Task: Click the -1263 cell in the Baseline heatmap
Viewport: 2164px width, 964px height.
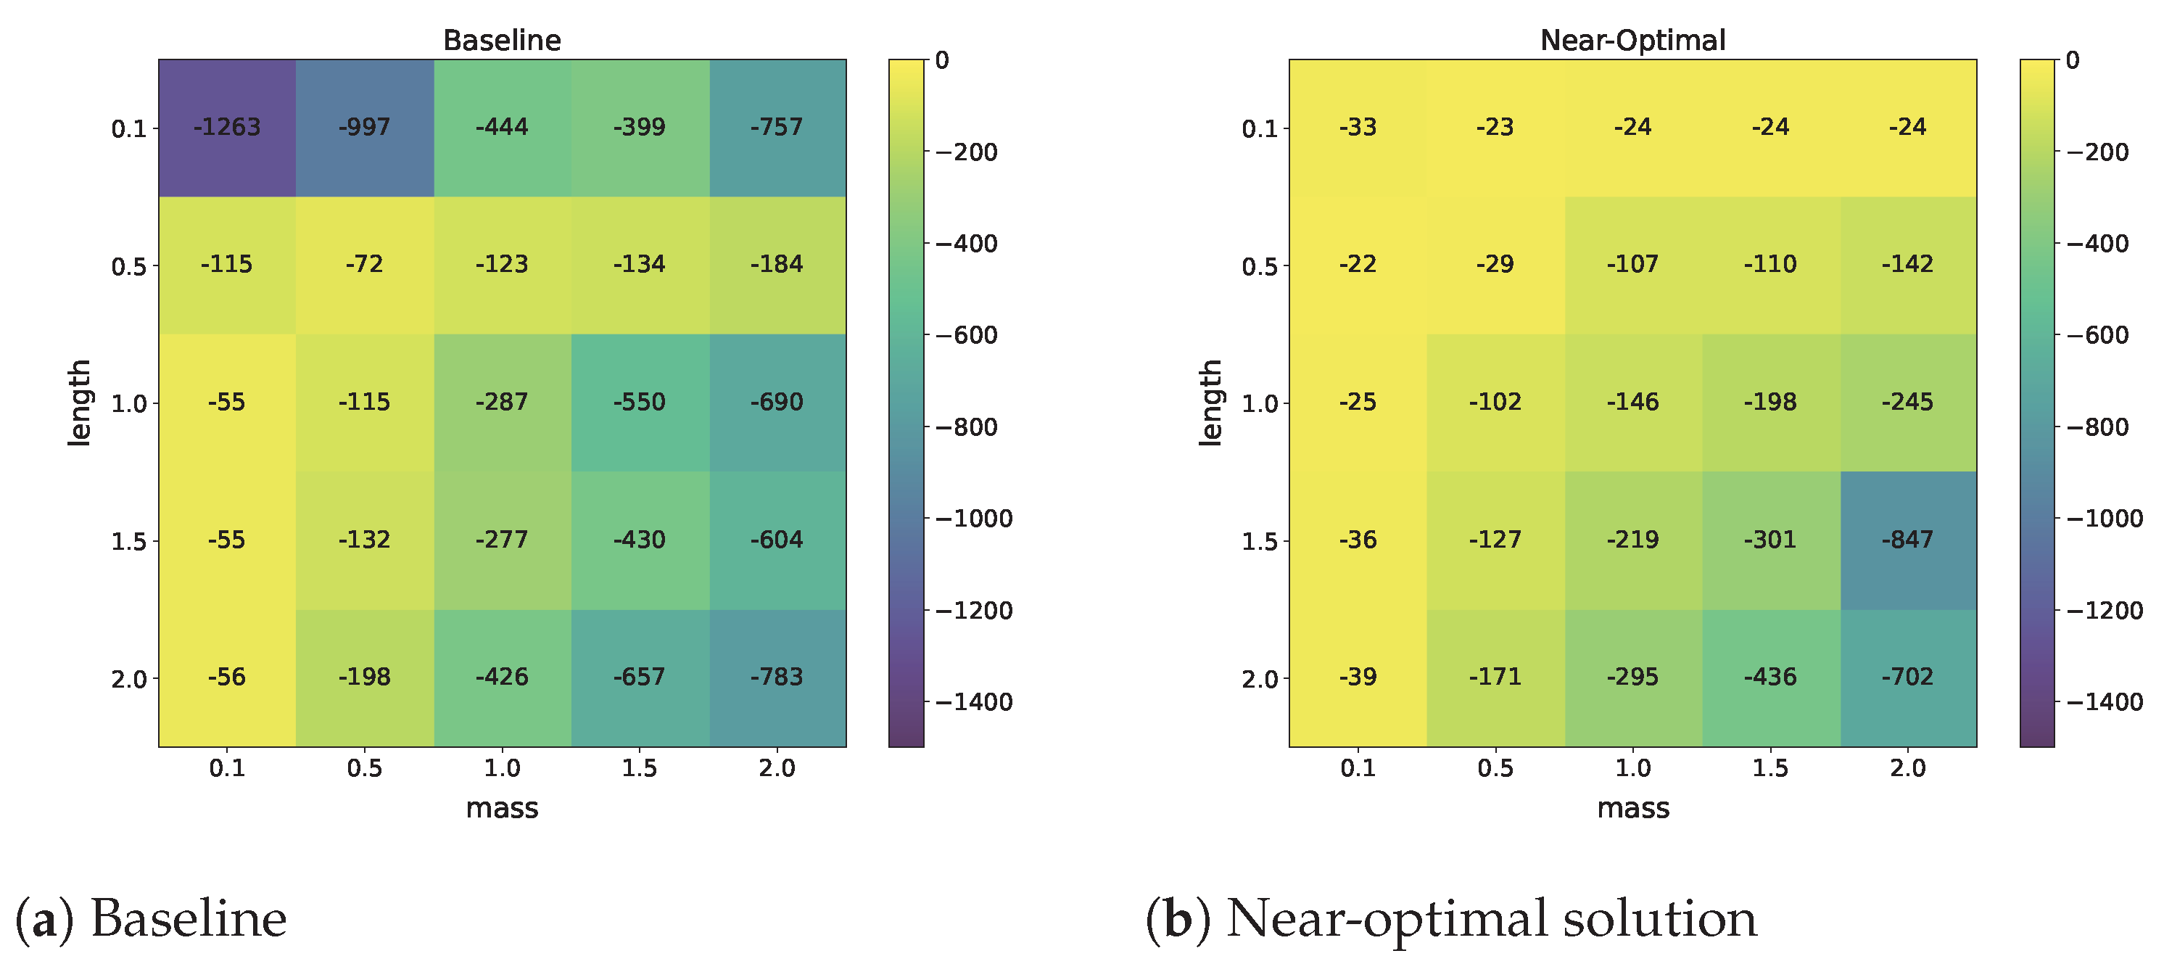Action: point(227,128)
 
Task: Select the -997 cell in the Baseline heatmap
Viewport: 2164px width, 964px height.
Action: point(365,128)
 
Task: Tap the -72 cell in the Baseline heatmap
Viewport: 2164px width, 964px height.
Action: point(365,265)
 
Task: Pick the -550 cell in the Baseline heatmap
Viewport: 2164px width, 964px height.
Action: point(640,403)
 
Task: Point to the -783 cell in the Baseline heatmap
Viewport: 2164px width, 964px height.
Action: point(777,677)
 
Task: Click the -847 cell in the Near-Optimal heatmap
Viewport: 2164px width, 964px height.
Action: point(1908,540)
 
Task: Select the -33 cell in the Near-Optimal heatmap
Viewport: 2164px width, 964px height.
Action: point(1358,128)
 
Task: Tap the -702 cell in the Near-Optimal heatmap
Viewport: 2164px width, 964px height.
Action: point(1908,677)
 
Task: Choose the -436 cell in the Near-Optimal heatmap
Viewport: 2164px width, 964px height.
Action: point(1770,677)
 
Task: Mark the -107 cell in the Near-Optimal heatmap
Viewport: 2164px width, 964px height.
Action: point(1633,265)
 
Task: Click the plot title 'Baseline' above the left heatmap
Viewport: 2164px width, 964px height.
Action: point(502,41)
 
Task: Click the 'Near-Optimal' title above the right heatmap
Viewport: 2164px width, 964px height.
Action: point(1632,41)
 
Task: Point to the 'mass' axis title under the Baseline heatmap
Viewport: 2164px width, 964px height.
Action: point(502,809)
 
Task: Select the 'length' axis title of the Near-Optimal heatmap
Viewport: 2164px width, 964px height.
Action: point(1210,403)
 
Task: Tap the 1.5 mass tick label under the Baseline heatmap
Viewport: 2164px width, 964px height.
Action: point(640,768)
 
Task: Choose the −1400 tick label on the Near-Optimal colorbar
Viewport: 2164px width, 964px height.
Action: point(2105,701)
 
